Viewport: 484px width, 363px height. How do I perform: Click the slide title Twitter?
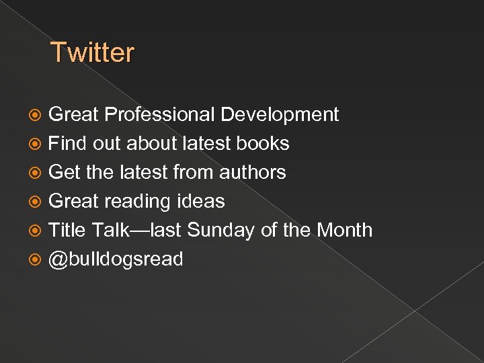(x=93, y=52)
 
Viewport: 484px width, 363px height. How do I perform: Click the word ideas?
(x=200, y=202)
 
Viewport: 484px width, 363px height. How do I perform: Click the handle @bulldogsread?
(x=116, y=259)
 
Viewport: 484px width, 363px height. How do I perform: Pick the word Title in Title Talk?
(x=67, y=231)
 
